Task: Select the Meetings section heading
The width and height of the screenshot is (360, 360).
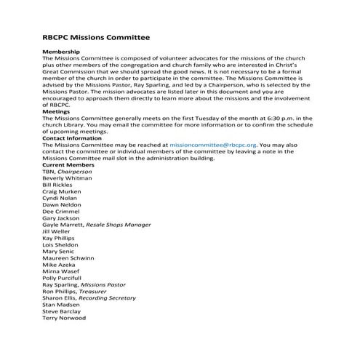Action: click(x=57, y=111)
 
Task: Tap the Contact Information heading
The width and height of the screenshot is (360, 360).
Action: click(x=72, y=137)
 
